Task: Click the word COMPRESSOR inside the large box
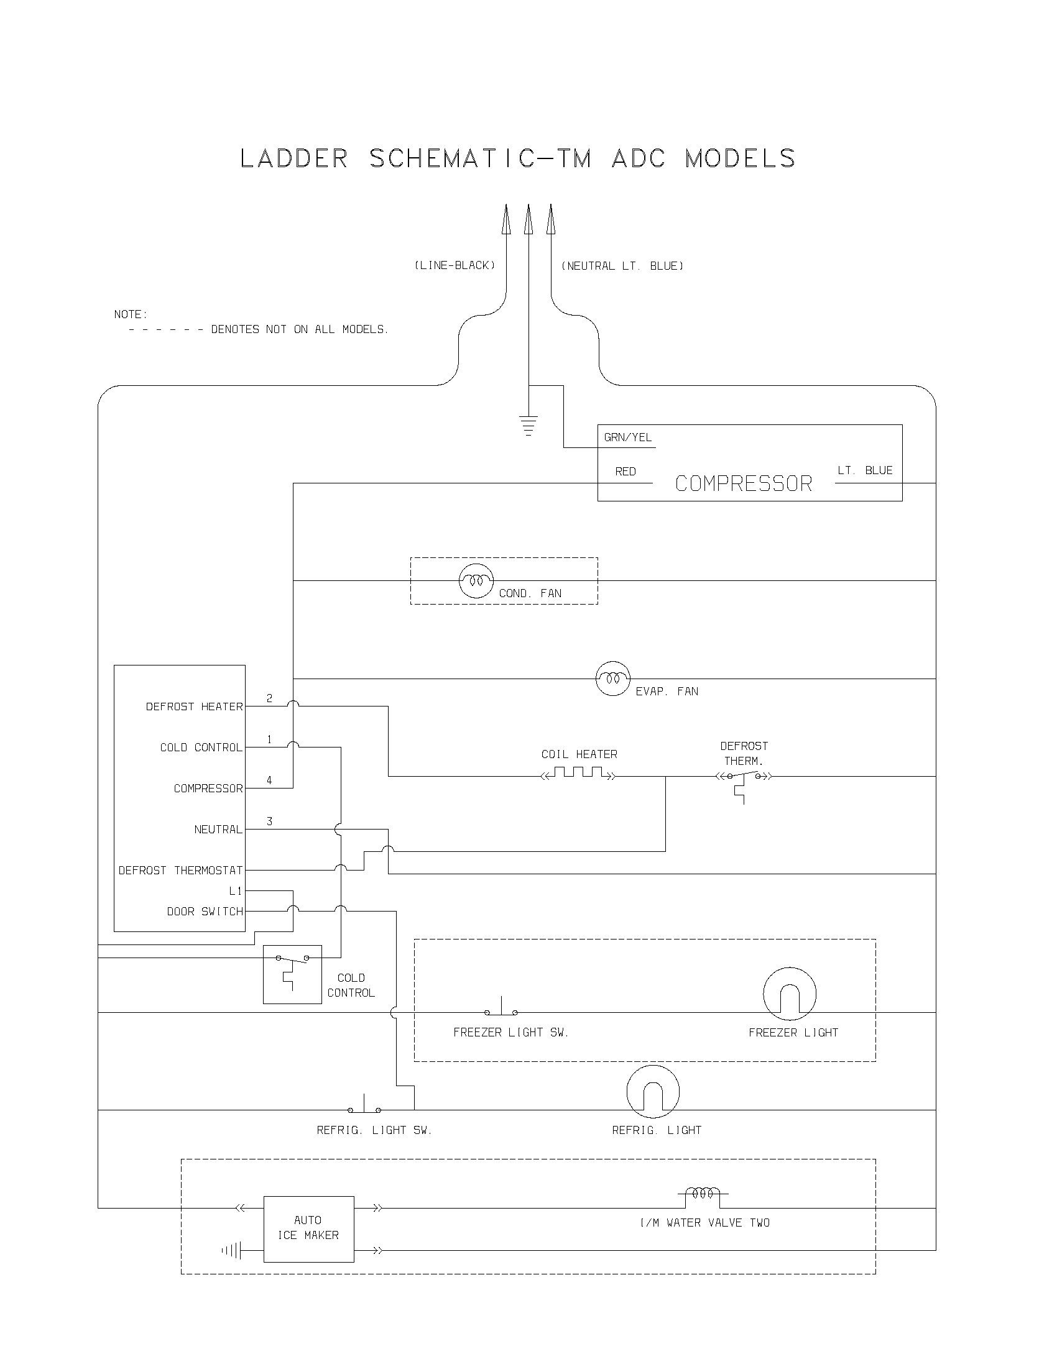click(743, 484)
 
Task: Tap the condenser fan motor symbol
click(476, 581)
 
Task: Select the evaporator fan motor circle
click(612, 679)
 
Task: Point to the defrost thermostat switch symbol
click(743, 779)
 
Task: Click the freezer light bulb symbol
click(790, 994)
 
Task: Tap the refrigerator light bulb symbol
click(652, 1092)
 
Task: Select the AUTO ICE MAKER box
click(308, 1229)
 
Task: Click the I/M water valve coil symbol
click(703, 1194)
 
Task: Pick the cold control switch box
click(292, 974)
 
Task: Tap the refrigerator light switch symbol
click(364, 1106)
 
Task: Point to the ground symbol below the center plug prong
click(528, 425)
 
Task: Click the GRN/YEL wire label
click(627, 437)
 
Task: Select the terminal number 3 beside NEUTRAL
click(269, 821)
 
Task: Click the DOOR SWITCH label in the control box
click(205, 912)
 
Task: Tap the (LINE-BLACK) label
click(455, 265)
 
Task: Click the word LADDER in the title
click(293, 159)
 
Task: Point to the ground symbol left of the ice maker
click(231, 1251)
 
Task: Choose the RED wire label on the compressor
click(625, 472)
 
